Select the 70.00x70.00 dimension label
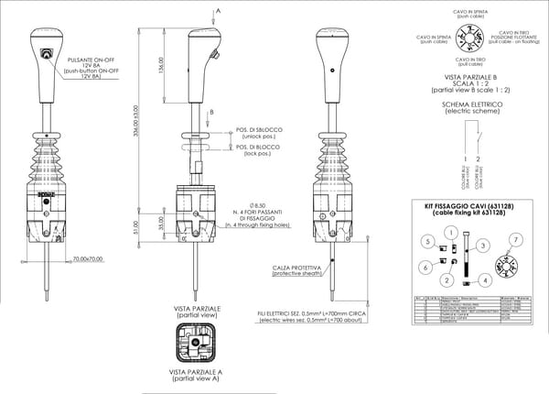pos(87,258)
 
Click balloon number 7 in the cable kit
pos(516,239)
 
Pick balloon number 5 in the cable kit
pos(426,240)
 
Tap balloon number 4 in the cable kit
pos(485,280)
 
